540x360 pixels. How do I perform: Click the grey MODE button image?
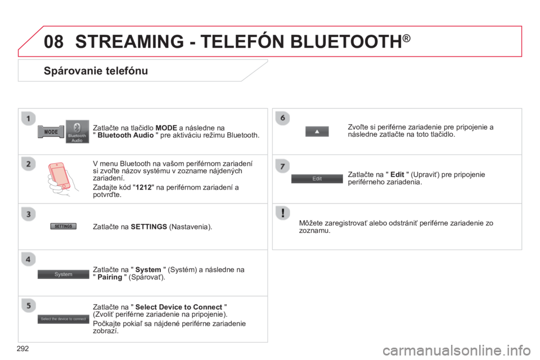51,132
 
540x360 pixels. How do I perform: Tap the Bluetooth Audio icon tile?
77,132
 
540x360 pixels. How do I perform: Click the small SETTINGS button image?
64,226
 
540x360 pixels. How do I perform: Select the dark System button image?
64,274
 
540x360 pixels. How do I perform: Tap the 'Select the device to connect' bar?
64,319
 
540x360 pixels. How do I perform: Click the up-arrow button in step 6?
317,132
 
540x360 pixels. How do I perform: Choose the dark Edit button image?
317,178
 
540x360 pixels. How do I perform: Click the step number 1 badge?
28,119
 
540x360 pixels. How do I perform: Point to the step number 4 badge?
28,259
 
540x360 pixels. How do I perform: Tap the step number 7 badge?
282,166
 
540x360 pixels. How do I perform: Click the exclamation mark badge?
282,213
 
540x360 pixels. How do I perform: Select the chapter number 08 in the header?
54,41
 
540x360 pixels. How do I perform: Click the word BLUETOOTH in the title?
346,41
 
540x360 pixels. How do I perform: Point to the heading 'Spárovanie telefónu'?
96,71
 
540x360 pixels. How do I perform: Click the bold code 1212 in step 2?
143,187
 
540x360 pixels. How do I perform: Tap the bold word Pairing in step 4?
110,277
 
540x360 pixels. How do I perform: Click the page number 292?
22,349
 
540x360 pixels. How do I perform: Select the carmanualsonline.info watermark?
457,350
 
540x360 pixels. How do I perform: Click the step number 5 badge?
28,305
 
